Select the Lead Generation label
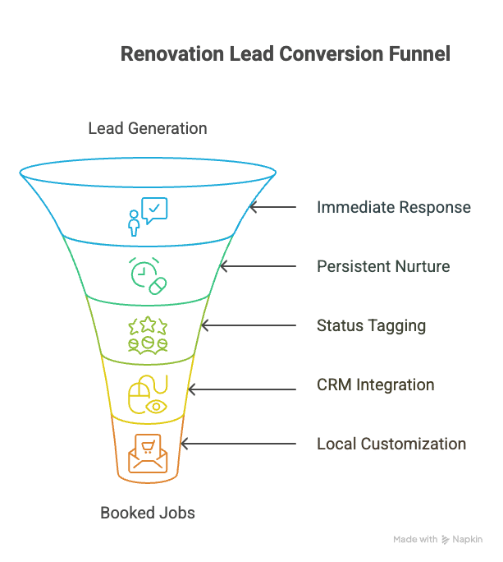[148, 128]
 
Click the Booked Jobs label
[148, 513]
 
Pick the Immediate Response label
[394, 207]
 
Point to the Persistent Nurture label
[383, 266]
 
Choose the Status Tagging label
[371, 325]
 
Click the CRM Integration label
[376, 385]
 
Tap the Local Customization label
[391, 444]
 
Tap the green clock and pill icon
[148, 274]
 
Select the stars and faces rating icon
[148, 335]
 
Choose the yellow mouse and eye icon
[148, 394]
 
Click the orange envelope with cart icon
[148, 453]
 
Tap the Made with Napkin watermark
[437, 540]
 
